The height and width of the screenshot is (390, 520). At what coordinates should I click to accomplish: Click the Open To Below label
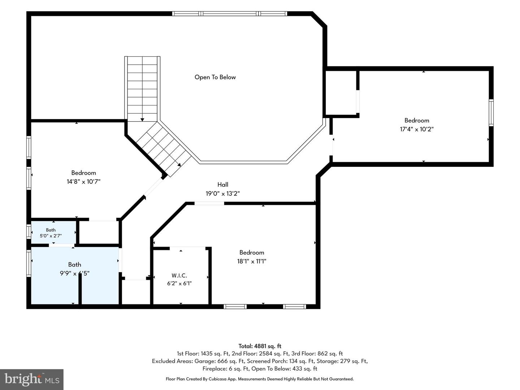pyautogui.click(x=215, y=77)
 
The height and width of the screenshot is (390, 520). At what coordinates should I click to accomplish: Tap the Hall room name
pyautogui.click(x=223, y=185)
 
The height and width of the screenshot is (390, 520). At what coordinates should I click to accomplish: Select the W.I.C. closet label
pyautogui.click(x=179, y=276)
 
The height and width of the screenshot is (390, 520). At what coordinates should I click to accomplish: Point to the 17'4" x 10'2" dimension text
pyautogui.click(x=417, y=129)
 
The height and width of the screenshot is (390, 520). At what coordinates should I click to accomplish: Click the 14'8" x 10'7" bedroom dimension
pyautogui.click(x=83, y=182)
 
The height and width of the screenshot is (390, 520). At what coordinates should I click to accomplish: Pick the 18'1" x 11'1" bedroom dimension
pyautogui.click(x=252, y=261)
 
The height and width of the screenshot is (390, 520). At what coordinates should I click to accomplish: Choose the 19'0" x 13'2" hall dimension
pyautogui.click(x=223, y=194)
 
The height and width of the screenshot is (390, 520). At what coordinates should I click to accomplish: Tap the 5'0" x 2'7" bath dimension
pyautogui.click(x=51, y=236)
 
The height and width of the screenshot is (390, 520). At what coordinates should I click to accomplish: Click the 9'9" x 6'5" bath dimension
pyautogui.click(x=75, y=273)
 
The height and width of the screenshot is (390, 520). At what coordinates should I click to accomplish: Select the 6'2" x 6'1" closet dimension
pyautogui.click(x=179, y=283)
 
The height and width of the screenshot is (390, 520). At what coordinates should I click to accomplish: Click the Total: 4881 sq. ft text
pyautogui.click(x=260, y=346)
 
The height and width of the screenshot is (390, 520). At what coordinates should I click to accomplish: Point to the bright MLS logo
pyautogui.click(x=32, y=380)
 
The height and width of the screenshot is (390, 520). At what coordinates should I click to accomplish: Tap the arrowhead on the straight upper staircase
pyautogui.click(x=142, y=120)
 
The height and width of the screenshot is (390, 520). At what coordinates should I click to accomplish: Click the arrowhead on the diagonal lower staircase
pyautogui.click(x=179, y=165)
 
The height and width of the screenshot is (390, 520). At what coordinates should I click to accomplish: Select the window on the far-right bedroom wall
pyautogui.click(x=491, y=113)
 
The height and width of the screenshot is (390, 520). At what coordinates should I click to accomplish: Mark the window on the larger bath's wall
pyautogui.click(x=29, y=263)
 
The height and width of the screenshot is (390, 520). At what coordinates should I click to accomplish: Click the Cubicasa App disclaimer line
pyautogui.click(x=260, y=379)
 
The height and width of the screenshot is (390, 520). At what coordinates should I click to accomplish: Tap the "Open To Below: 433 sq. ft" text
pyautogui.click(x=284, y=369)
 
